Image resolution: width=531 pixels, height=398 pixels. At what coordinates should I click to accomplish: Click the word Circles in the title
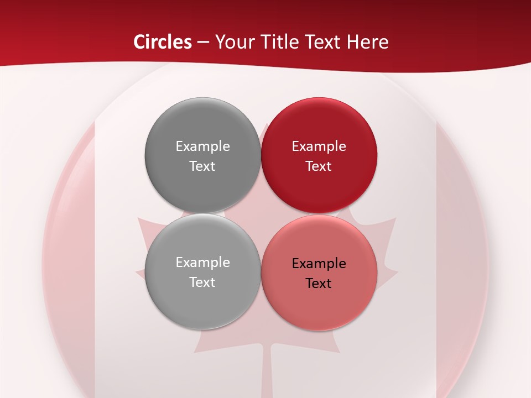tap(162, 42)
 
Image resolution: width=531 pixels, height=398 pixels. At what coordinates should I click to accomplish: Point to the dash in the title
tap(203, 43)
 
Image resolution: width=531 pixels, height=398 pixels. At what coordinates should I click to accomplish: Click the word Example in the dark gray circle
tap(202, 146)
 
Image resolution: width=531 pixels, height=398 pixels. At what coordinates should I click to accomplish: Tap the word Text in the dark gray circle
tap(202, 166)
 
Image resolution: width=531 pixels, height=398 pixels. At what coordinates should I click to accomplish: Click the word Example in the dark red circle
tap(319, 146)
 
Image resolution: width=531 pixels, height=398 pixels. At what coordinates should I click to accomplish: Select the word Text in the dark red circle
tap(319, 166)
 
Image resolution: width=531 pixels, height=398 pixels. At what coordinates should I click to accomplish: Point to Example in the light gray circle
tap(202, 263)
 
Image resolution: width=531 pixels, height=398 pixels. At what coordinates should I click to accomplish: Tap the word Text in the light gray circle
tap(202, 282)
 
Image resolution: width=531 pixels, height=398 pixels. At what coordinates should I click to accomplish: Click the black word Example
tap(319, 264)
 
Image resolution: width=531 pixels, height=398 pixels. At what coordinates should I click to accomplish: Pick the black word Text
tap(319, 284)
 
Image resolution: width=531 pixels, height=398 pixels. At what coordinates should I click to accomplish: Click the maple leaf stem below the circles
tap(266, 370)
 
